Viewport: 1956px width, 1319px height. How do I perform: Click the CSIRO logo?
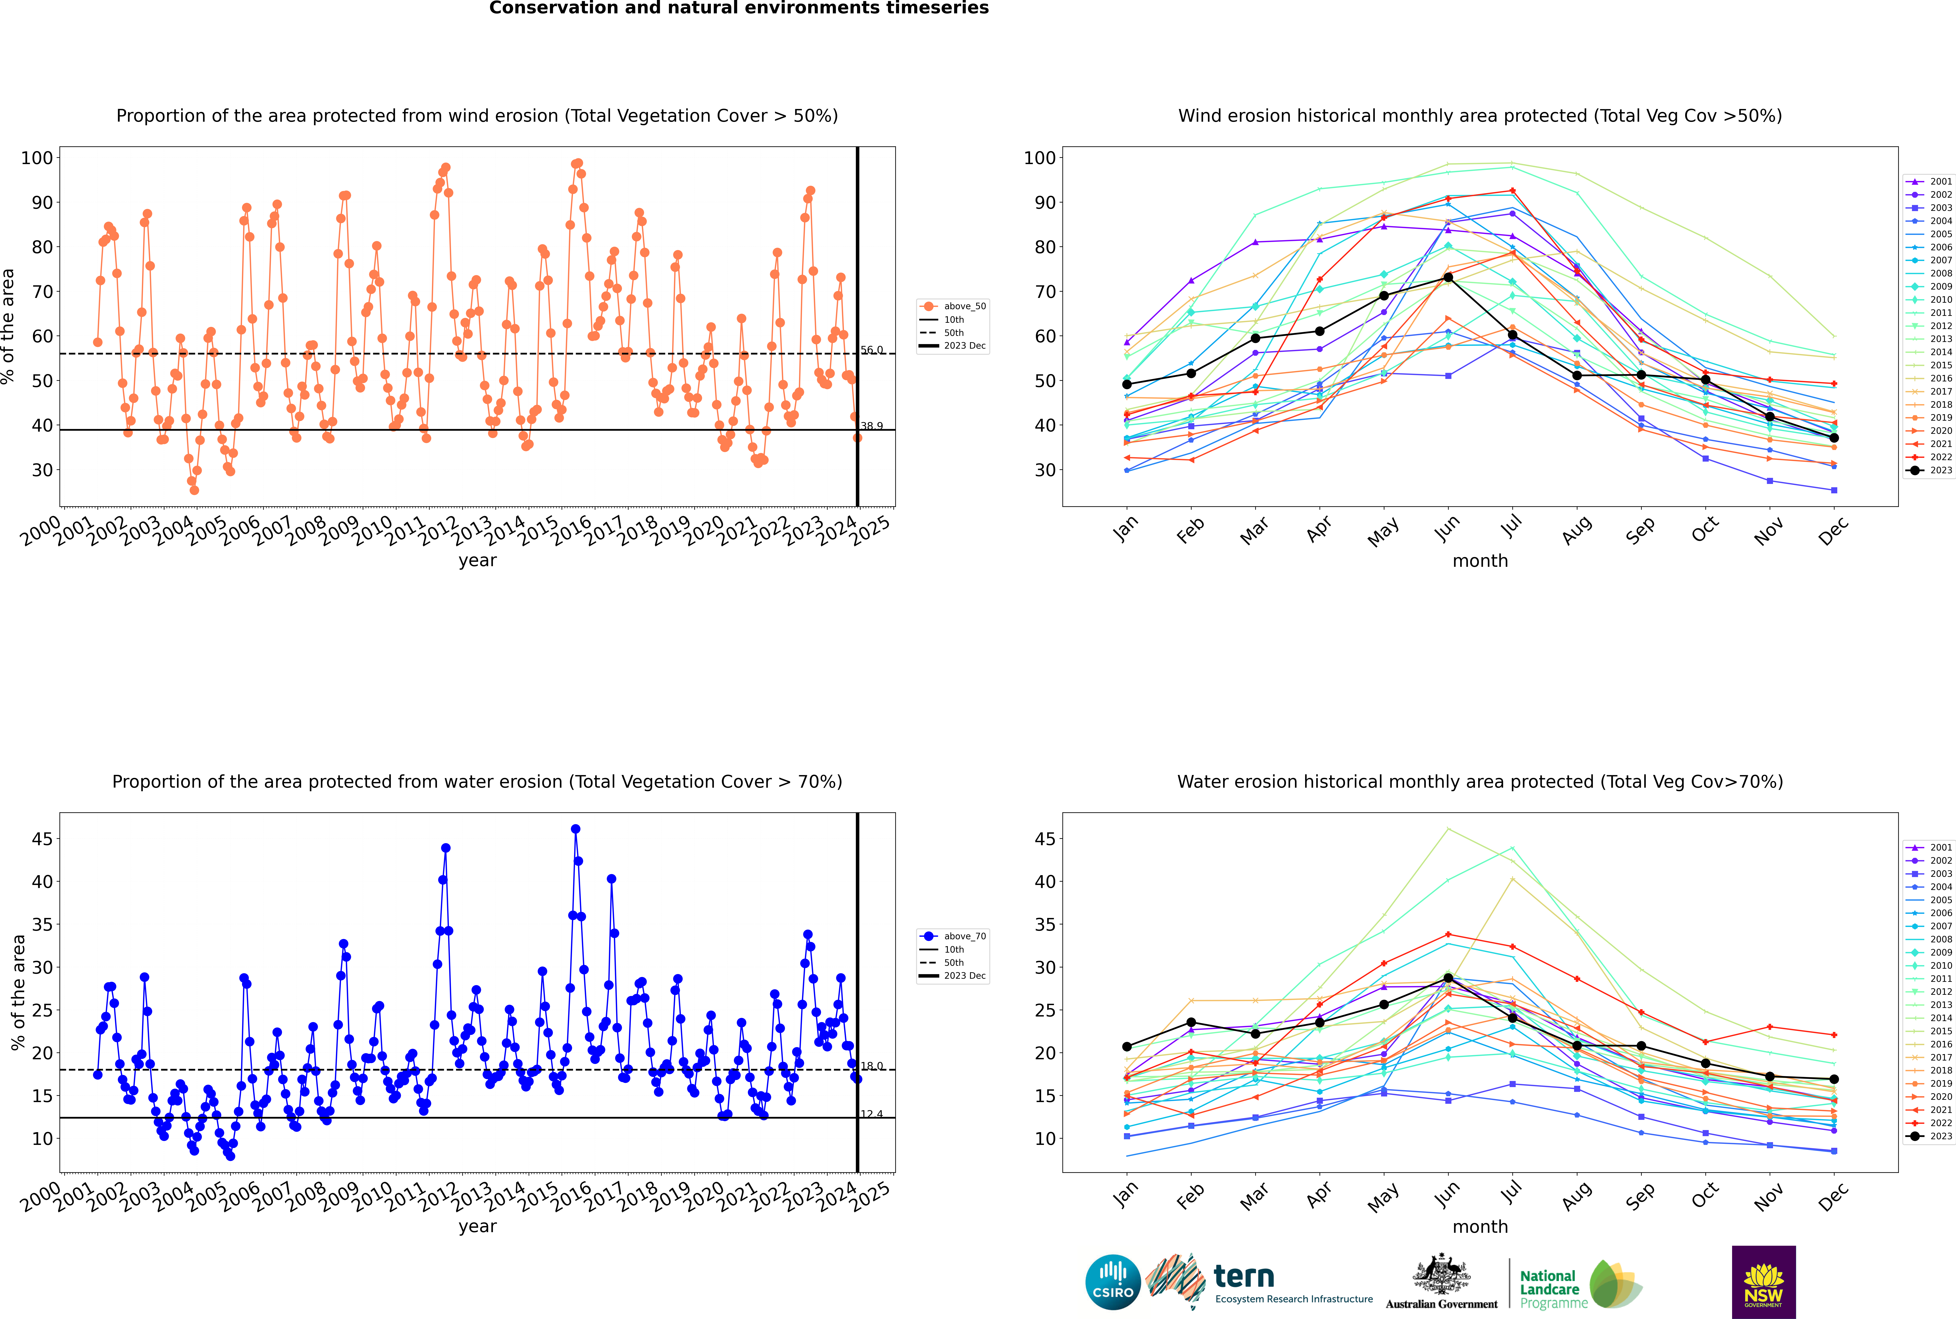tap(1112, 1282)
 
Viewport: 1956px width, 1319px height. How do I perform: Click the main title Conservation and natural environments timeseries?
tap(738, 8)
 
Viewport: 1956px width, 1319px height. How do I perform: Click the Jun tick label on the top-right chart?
tap(1447, 528)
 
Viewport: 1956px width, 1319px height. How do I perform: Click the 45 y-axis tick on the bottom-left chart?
tap(42, 839)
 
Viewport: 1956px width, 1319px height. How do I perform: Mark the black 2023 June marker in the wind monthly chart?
tap(1448, 278)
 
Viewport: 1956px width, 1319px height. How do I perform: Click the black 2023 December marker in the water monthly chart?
tap(1834, 1079)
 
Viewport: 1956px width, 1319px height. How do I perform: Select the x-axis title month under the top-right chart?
tap(1480, 561)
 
